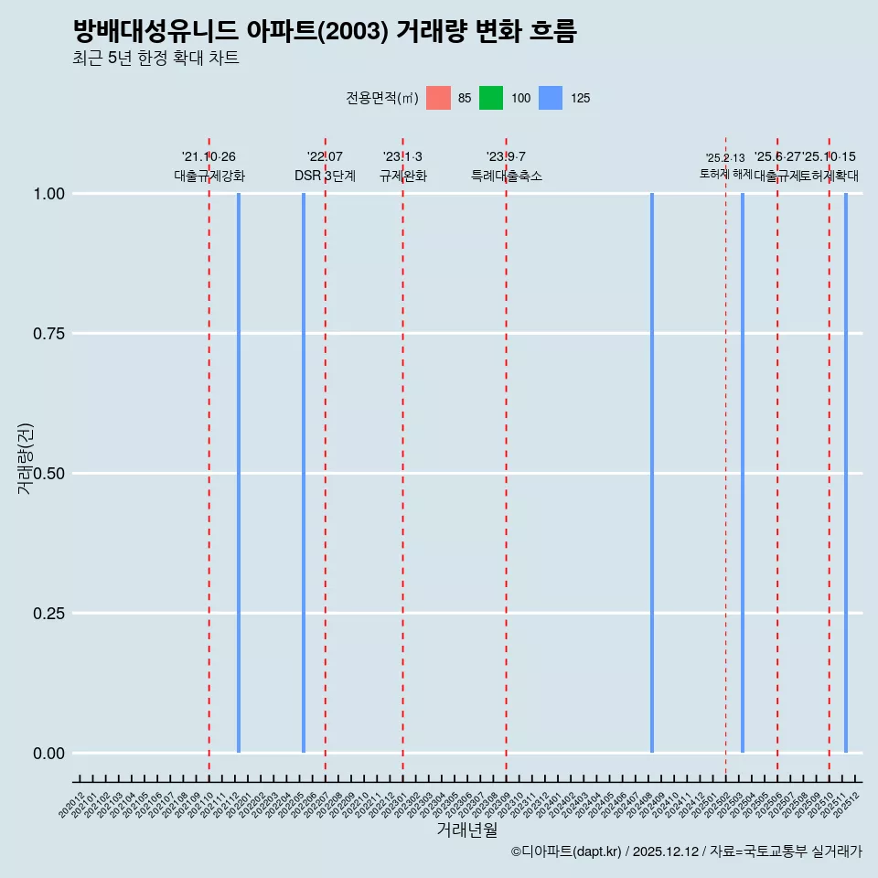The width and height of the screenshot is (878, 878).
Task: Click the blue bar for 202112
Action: coord(239,473)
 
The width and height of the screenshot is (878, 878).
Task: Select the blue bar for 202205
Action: coord(304,473)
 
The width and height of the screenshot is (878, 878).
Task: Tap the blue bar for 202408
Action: coord(652,473)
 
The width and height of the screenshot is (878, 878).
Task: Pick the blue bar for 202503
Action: coord(743,473)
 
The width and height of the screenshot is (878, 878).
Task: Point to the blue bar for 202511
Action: coord(846,473)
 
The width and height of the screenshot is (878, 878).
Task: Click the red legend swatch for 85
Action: coord(439,98)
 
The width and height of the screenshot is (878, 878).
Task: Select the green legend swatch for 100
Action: coord(491,98)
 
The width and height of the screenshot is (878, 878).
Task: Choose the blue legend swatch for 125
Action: coord(551,98)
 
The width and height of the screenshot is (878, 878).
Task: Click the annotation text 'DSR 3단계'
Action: coord(325,176)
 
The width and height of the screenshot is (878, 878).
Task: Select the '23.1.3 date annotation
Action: coord(402,157)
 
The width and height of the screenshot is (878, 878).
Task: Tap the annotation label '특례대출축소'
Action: coord(507,176)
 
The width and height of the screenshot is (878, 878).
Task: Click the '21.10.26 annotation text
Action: coord(209,157)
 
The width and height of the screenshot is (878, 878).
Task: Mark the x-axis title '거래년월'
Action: coord(467,830)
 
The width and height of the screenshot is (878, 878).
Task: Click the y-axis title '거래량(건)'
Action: coord(26,459)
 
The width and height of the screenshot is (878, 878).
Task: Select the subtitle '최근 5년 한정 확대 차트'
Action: coord(155,59)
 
